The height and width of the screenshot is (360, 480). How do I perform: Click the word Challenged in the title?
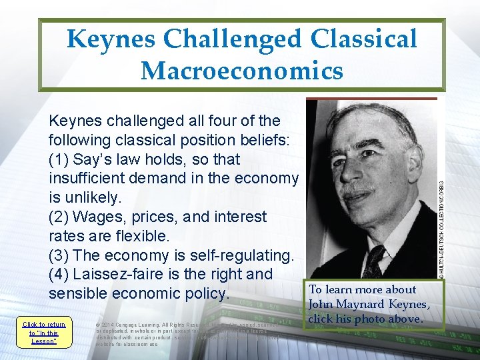pyautogui.click(x=241, y=39)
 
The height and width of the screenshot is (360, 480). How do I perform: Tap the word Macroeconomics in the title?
pyautogui.click(x=242, y=70)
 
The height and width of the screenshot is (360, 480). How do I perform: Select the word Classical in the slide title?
pyautogui.click(x=365, y=39)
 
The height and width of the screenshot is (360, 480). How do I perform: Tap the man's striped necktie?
pyautogui.click(x=374, y=261)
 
